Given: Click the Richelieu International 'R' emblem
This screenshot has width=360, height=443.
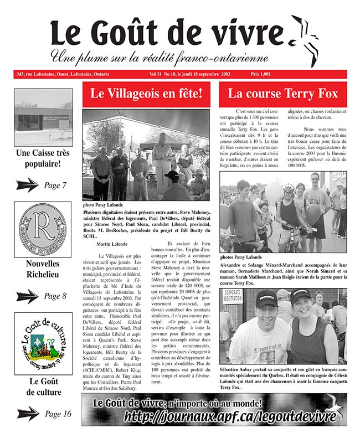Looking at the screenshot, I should (42, 229).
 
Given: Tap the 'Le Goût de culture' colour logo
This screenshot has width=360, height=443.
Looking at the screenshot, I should (43, 342).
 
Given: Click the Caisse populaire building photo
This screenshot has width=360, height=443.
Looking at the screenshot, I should (43, 110).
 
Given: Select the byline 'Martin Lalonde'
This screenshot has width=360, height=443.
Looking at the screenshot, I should (111, 244).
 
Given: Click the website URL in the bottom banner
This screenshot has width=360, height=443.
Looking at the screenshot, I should (230, 417).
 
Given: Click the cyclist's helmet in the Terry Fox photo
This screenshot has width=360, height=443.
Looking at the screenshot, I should (289, 188).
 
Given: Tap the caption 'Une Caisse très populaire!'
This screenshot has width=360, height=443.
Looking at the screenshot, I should (43, 158).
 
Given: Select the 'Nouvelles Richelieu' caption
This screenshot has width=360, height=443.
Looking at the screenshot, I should (43, 269).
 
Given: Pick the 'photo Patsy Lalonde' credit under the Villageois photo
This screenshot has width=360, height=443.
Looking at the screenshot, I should (104, 205).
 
